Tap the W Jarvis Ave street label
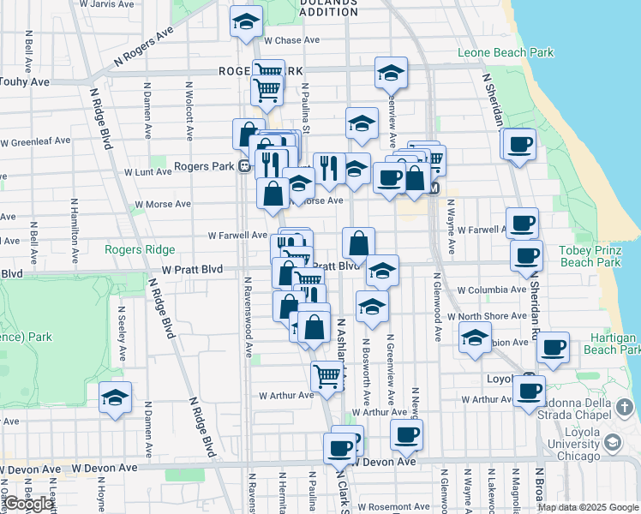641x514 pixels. point(106,4)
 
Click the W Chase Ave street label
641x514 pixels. point(291,40)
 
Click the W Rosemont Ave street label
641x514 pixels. point(395,507)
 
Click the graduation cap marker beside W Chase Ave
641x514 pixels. point(247,22)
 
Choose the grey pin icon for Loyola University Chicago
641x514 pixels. point(612,442)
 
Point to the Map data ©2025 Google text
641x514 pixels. point(588,507)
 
